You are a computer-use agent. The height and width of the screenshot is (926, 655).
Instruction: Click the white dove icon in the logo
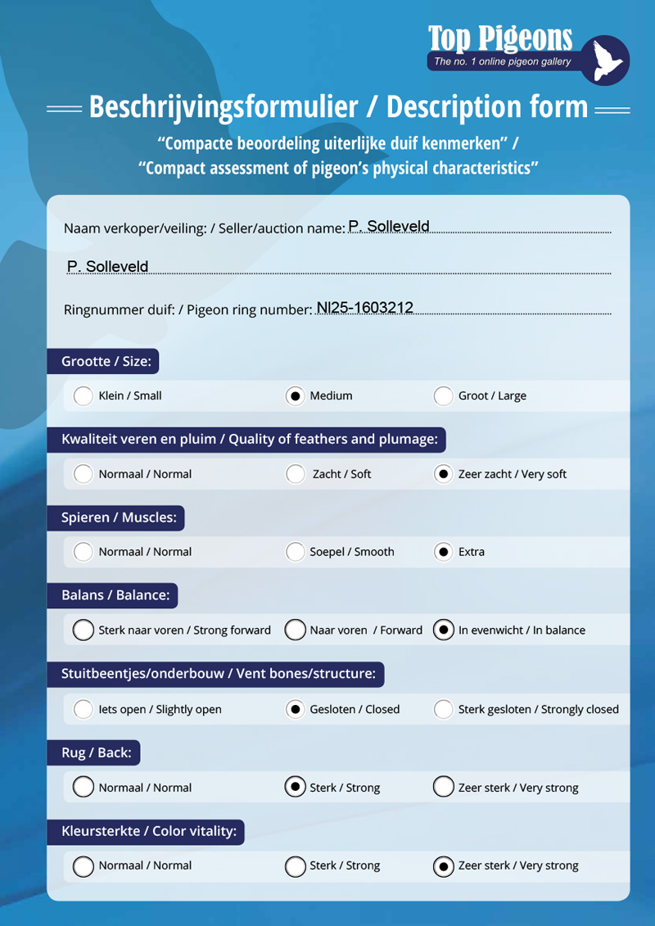607,61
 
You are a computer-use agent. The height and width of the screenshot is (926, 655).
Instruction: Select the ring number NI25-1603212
365,308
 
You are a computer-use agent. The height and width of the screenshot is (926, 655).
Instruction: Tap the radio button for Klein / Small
83,395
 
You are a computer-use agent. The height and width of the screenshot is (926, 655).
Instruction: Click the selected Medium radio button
295,395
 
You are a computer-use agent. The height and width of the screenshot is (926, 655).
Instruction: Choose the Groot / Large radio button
443,395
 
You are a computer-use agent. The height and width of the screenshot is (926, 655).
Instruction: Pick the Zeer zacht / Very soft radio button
443,474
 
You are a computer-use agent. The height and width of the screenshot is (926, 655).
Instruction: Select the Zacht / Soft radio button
295,474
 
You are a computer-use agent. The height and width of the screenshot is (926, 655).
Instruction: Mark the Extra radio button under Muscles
443,552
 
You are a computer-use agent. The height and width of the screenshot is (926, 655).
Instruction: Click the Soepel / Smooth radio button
295,552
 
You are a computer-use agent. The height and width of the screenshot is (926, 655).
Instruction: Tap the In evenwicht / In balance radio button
443,630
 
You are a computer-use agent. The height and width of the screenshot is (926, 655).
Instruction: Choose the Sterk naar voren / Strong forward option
83,630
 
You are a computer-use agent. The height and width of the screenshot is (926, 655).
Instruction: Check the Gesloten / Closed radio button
295,709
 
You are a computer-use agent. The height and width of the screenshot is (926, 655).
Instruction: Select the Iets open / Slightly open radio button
83,709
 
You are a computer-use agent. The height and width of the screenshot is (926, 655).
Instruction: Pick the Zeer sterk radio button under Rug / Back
443,788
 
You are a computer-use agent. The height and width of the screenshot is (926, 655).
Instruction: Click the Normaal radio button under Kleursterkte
83,865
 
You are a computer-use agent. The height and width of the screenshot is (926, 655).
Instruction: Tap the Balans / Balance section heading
115,595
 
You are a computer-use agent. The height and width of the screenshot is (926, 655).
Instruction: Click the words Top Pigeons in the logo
499,38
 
